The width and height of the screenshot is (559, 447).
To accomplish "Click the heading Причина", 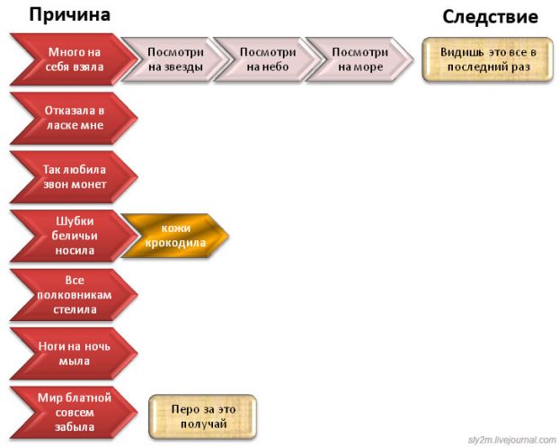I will pos(70,15).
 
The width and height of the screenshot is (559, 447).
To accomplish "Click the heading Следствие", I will pos(490,17).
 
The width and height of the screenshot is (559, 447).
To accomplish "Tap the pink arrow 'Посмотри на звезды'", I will pos(174,59).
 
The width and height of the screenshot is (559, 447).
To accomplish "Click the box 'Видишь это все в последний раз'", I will pos(487,59).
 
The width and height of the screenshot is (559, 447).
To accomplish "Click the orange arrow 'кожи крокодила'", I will pos(176,236).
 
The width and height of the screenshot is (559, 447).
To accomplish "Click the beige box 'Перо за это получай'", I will pos(202,416).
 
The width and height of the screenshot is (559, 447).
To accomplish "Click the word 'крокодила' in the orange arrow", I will pos(176,243).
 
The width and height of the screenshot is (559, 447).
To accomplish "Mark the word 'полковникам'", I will pos(75,294).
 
